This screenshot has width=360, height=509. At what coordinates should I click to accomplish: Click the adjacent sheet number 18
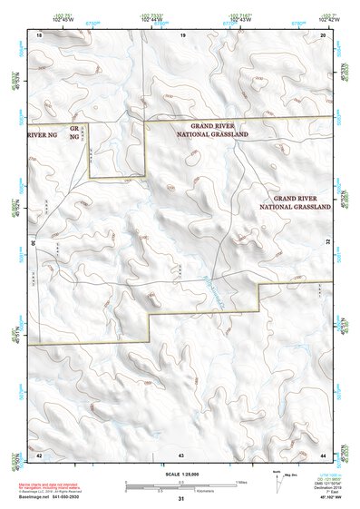(x=39, y=34)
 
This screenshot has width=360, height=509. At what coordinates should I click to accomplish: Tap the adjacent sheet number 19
(x=182, y=34)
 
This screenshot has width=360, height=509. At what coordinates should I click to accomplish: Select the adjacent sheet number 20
(x=324, y=34)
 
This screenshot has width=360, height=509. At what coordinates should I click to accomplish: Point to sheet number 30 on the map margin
(x=34, y=243)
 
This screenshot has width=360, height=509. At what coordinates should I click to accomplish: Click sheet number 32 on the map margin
(x=327, y=243)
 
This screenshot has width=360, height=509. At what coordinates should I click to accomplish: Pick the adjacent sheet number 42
(x=39, y=454)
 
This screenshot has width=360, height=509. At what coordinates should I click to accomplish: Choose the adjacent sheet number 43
(x=181, y=454)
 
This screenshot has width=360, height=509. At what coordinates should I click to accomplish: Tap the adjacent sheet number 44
(x=324, y=454)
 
